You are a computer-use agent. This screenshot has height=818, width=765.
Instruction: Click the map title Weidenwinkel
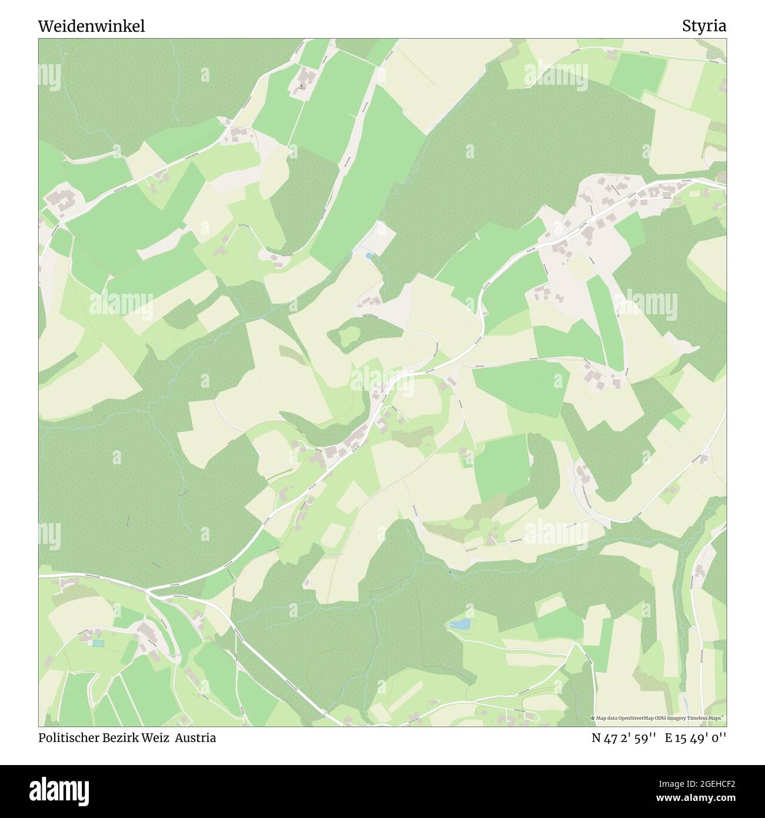91,26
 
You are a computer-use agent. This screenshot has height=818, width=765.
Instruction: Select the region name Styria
704,26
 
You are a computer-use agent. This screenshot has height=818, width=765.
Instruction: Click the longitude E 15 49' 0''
696,738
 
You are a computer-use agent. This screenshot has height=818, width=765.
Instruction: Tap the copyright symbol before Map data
594,718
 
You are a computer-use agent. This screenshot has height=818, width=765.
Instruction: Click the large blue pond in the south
460,624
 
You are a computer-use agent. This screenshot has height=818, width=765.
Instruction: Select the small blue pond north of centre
368,255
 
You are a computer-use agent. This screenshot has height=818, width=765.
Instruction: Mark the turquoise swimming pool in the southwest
97,643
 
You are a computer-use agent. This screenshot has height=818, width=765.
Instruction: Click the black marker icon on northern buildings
302,86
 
